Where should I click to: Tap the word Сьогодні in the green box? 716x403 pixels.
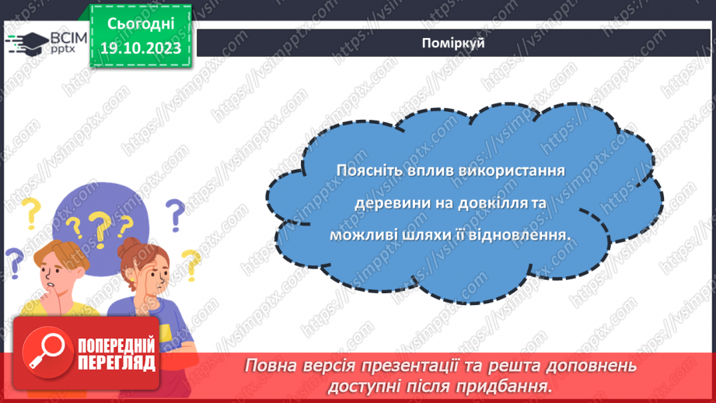pyautogui.click(x=140, y=23)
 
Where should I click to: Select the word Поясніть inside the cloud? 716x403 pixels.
pyautogui.click(x=365, y=170)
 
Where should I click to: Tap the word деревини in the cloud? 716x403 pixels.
pyautogui.click(x=385, y=202)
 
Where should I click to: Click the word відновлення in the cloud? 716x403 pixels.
pyautogui.click(x=521, y=233)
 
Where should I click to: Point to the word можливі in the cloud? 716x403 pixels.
pyautogui.click(x=367, y=233)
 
